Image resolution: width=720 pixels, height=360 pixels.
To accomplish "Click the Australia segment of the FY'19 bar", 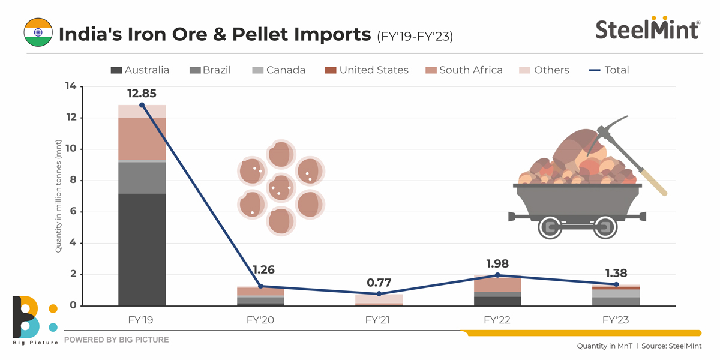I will (142, 250).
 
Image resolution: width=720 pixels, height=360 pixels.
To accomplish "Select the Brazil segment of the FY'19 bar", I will (142, 178).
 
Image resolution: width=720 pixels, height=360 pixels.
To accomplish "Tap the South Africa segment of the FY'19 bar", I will (142, 139).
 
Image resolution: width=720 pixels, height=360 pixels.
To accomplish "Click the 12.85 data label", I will (142, 94).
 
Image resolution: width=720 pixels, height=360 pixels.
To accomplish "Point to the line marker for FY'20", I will (260, 286).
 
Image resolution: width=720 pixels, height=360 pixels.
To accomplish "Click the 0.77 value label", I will (379, 282).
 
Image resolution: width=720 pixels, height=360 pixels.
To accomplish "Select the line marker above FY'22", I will (496, 275).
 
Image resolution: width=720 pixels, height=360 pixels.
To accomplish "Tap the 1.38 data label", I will (615, 272).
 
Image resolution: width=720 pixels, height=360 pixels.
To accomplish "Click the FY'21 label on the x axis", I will (378, 320).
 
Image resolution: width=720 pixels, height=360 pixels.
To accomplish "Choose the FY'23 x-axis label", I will (615, 320).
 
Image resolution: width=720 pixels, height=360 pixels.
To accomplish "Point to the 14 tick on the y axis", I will (71, 86).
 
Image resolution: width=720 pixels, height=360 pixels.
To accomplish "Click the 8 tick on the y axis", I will (73, 181).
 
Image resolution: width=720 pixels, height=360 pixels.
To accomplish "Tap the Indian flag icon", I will (38, 32).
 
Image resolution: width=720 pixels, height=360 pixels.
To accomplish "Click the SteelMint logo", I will (647, 28).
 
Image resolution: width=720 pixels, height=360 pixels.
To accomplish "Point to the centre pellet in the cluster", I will (280, 188).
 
